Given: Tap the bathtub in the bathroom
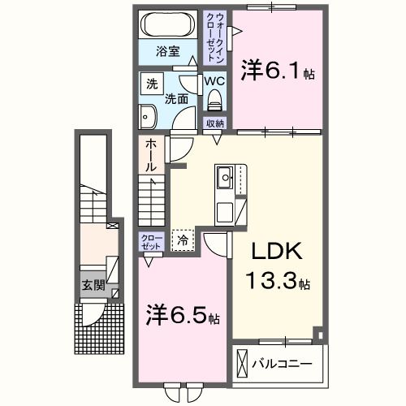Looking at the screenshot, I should (x=169, y=24).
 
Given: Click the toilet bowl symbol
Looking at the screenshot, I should (x=214, y=99).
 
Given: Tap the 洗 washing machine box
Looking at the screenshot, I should (x=152, y=83).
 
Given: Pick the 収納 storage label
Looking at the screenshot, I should (x=214, y=123).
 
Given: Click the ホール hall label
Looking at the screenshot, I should (x=151, y=155).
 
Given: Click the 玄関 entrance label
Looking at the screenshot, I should (x=93, y=285).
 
